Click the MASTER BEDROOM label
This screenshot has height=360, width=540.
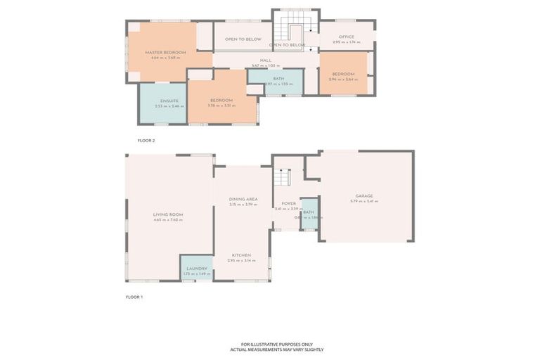pos(165,53)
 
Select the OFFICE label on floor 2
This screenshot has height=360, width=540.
pos(346,37)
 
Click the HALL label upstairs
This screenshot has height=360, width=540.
pos(266,60)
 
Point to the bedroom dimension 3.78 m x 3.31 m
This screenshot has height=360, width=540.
pos(221,106)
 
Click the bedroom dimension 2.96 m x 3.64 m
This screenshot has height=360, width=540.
pos(343,79)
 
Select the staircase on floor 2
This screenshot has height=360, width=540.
pos(288,30)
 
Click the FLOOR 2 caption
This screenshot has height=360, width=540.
pos(146,141)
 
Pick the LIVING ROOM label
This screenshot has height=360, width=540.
pos(168,214)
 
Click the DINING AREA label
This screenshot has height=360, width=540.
pos(243,199)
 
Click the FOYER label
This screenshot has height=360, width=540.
pos(288,203)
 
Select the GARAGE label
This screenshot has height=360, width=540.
pos(364,195)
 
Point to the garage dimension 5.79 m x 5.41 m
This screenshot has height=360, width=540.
pos(364,201)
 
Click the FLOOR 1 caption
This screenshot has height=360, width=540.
pos(134,297)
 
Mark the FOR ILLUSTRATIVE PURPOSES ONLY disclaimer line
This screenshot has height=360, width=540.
pos(277,344)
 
